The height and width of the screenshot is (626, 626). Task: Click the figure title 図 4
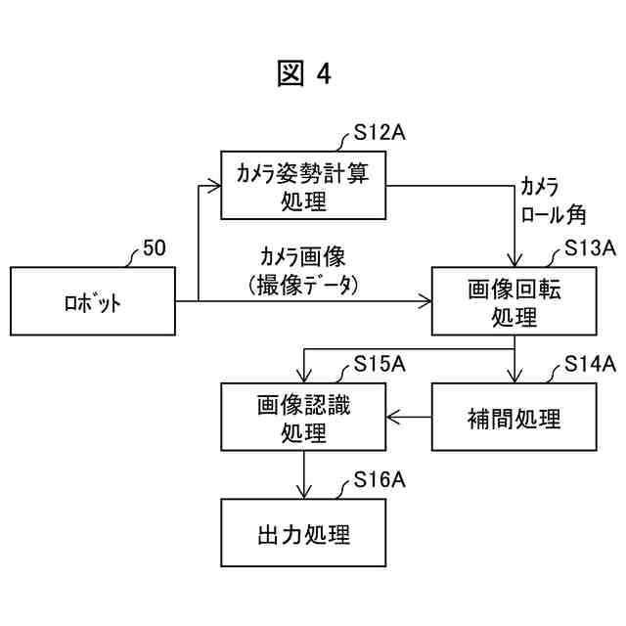tap(304, 74)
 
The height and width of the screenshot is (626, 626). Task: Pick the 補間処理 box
tap(514, 419)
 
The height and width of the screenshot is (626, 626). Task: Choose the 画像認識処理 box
tap(303, 418)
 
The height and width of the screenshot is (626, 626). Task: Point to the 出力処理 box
tap(303, 534)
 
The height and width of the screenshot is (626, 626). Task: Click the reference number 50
tap(154, 248)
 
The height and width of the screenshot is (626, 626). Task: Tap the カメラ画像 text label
tap(303, 257)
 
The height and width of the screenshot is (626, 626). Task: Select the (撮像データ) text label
tap(303, 284)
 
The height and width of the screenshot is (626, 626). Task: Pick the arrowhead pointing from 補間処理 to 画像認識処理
tap(393, 419)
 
